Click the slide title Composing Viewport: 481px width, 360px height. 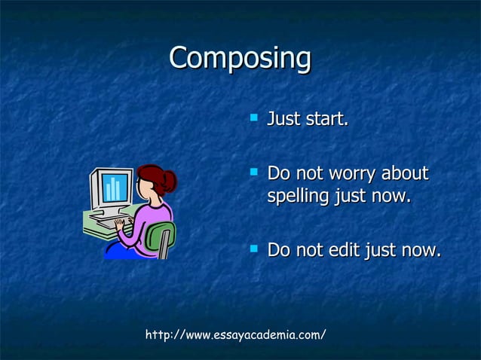point(240,58)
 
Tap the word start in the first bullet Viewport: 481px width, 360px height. point(326,120)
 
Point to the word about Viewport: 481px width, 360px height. point(405,174)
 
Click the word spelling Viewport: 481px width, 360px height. point(299,197)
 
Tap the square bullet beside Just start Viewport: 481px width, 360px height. point(253,117)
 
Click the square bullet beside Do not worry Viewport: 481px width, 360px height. point(253,172)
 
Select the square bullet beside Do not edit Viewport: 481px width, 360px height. point(253,247)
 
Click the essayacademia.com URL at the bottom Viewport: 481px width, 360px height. point(235,334)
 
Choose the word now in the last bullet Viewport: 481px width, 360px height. point(421,249)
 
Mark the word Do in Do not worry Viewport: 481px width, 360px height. point(280,174)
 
